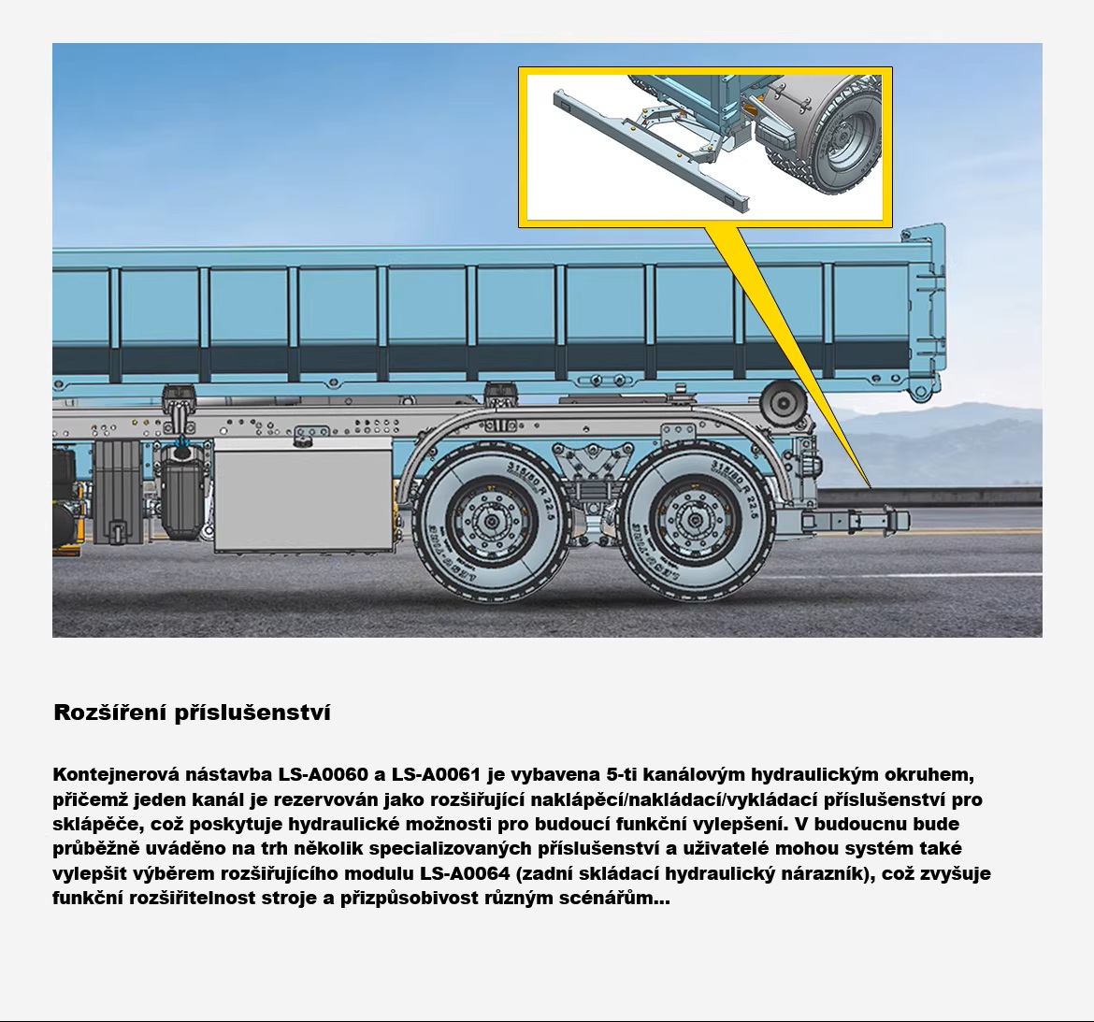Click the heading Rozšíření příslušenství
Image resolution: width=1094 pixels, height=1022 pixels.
click(x=192, y=713)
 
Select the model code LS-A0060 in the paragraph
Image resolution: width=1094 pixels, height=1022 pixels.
click(x=323, y=774)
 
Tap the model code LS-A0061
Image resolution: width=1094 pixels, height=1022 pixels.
click(x=436, y=774)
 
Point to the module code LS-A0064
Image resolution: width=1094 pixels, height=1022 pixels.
click(x=466, y=873)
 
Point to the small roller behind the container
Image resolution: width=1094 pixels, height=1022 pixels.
click(x=784, y=402)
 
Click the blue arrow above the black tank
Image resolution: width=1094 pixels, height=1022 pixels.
click(x=183, y=442)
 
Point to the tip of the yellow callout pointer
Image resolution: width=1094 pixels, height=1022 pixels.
click(x=870, y=486)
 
